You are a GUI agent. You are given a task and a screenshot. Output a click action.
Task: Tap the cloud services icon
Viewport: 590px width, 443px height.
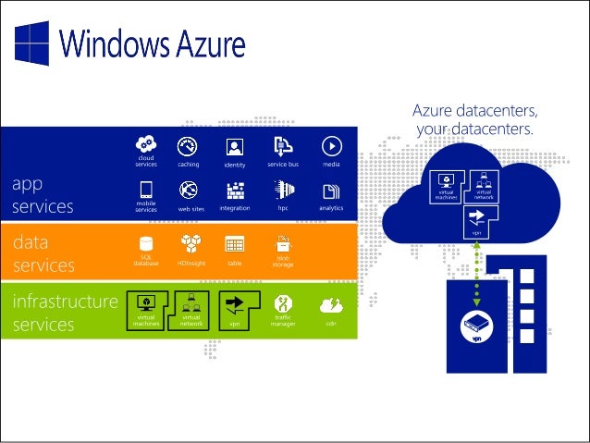[145, 144]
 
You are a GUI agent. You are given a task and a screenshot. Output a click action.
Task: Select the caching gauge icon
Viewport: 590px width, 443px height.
[190, 146]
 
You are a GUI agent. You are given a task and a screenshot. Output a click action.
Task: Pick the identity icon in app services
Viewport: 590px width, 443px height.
[234, 146]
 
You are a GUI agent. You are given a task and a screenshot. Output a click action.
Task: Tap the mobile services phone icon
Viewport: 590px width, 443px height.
[145, 191]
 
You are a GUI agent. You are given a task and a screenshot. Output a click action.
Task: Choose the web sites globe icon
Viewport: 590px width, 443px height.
[190, 191]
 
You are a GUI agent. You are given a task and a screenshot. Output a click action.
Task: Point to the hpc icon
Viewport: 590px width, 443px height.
[283, 191]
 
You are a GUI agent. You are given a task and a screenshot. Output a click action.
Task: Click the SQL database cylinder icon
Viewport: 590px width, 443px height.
[145, 244]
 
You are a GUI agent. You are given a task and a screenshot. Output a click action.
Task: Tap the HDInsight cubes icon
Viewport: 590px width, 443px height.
[191, 244]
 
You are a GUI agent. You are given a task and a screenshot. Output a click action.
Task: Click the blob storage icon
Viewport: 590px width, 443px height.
[283, 243]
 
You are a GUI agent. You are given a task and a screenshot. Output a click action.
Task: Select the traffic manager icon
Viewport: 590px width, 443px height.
[283, 303]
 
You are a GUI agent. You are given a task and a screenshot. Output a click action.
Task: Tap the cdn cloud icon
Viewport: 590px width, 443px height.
[330, 303]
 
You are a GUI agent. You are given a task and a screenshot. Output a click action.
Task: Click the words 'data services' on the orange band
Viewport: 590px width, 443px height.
[43, 253]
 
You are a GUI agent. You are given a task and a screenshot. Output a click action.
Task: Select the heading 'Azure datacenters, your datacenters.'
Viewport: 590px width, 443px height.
[475, 120]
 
